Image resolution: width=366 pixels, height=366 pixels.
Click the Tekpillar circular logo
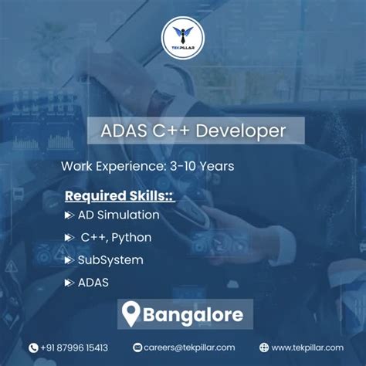click(183, 39)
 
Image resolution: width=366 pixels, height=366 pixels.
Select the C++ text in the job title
click(173, 130)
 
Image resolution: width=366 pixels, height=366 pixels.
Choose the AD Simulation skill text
click(118, 215)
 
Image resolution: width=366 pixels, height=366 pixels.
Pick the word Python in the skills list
click(131, 237)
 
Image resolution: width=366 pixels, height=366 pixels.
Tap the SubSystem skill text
click(110, 260)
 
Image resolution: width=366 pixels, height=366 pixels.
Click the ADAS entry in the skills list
click(93, 283)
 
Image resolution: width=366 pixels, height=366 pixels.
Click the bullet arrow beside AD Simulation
click(69, 215)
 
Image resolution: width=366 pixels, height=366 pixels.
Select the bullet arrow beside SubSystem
click(69, 260)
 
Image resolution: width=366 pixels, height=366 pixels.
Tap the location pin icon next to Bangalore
click(132, 314)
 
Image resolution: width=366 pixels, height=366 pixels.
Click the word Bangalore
click(193, 314)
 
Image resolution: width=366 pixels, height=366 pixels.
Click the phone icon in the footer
click(33, 348)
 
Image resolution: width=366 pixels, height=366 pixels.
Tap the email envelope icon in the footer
click(137, 348)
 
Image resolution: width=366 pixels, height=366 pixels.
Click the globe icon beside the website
click(263, 348)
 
